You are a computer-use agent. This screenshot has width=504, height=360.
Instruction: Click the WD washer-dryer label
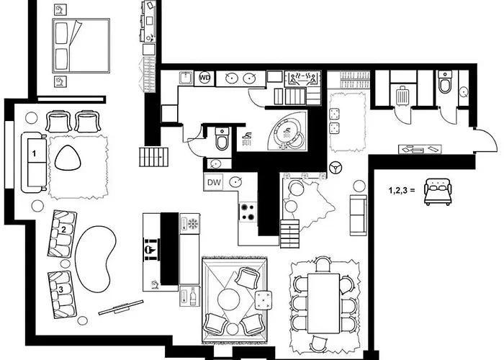(x=205, y=77)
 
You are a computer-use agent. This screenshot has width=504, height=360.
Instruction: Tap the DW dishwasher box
(x=214, y=182)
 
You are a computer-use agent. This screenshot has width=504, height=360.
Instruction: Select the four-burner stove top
(x=249, y=212)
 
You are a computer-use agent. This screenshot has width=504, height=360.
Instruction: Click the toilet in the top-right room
(x=446, y=86)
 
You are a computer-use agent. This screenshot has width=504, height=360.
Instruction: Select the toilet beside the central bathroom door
(x=221, y=139)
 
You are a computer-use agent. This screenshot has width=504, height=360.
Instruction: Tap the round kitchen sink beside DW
(x=235, y=182)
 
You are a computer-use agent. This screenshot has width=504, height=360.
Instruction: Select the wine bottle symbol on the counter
(x=192, y=295)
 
